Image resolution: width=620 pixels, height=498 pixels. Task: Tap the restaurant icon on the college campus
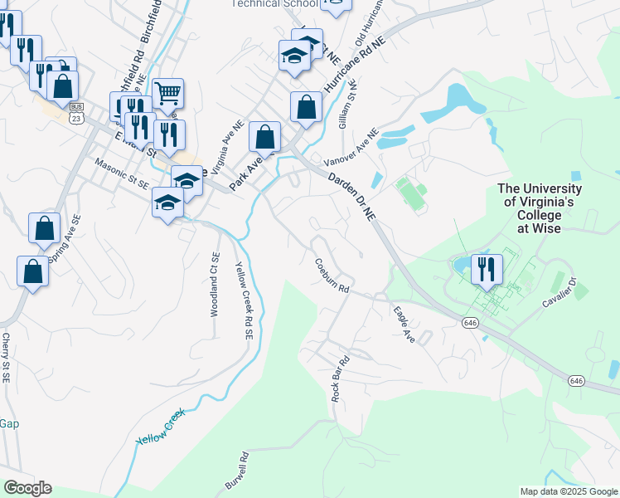[x=487, y=269]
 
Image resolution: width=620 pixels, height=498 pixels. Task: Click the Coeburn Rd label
[x=332, y=277]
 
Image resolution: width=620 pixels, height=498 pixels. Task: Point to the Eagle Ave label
[x=404, y=325]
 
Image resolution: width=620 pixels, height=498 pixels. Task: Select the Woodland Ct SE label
[x=215, y=285]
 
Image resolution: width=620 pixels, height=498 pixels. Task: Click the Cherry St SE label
[x=6, y=358]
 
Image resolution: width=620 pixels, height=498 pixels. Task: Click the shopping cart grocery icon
[x=167, y=93]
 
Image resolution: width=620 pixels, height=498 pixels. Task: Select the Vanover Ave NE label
[x=350, y=146]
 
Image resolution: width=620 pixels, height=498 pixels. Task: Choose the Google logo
[x=27, y=488]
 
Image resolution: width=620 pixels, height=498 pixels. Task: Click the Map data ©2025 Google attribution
[x=569, y=491]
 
